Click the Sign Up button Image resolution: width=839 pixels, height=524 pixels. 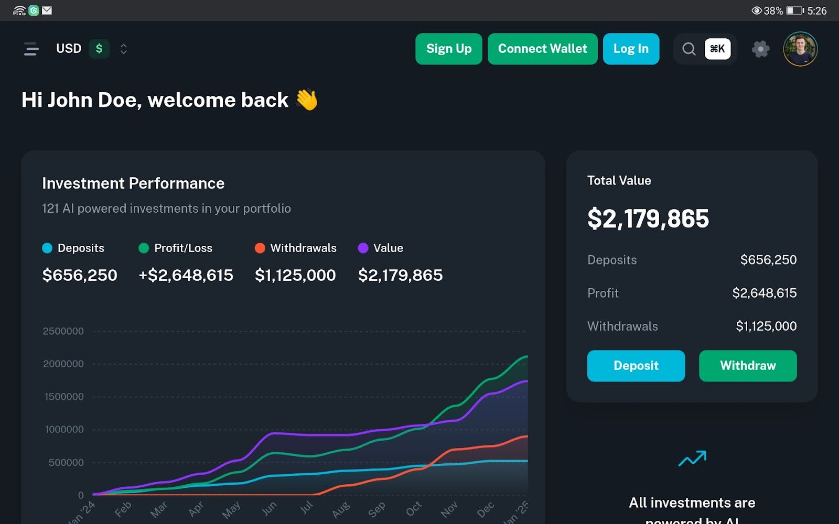pyautogui.click(x=448, y=49)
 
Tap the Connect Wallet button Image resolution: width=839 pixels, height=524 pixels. pyautogui.click(x=542, y=49)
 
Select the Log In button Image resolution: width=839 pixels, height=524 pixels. pyautogui.click(x=631, y=49)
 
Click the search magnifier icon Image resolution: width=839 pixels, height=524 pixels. pyautogui.click(x=689, y=49)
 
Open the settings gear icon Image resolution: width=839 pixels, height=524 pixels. pyautogui.click(x=760, y=49)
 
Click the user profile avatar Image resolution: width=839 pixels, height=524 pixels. pyautogui.click(x=800, y=49)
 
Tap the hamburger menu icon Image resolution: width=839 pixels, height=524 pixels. pyautogui.click(x=31, y=49)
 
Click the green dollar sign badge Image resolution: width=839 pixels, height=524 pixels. pyautogui.click(x=99, y=49)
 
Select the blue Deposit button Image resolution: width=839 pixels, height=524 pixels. pyautogui.click(x=636, y=366)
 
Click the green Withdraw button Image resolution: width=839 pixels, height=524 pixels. pyautogui.click(x=748, y=366)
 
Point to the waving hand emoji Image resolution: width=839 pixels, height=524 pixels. pyautogui.click(x=307, y=100)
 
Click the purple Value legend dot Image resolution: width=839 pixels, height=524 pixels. pyautogui.click(x=363, y=248)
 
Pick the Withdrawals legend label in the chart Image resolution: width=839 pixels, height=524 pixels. pyautogui.click(x=303, y=248)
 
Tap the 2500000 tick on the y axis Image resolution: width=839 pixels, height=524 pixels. pyautogui.click(x=63, y=331)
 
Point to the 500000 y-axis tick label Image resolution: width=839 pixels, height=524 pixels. pyautogui.click(x=66, y=462)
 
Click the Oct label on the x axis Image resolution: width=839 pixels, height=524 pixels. pyautogui.click(x=414, y=508)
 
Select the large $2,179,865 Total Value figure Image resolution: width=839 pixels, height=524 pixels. pyautogui.click(x=648, y=219)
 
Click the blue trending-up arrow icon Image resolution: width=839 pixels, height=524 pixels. pyautogui.click(x=692, y=458)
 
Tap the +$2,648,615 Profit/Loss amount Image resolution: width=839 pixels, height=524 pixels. pyautogui.click(x=186, y=275)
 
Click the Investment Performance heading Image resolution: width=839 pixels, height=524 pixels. pyautogui.click(x=133, y=183)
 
